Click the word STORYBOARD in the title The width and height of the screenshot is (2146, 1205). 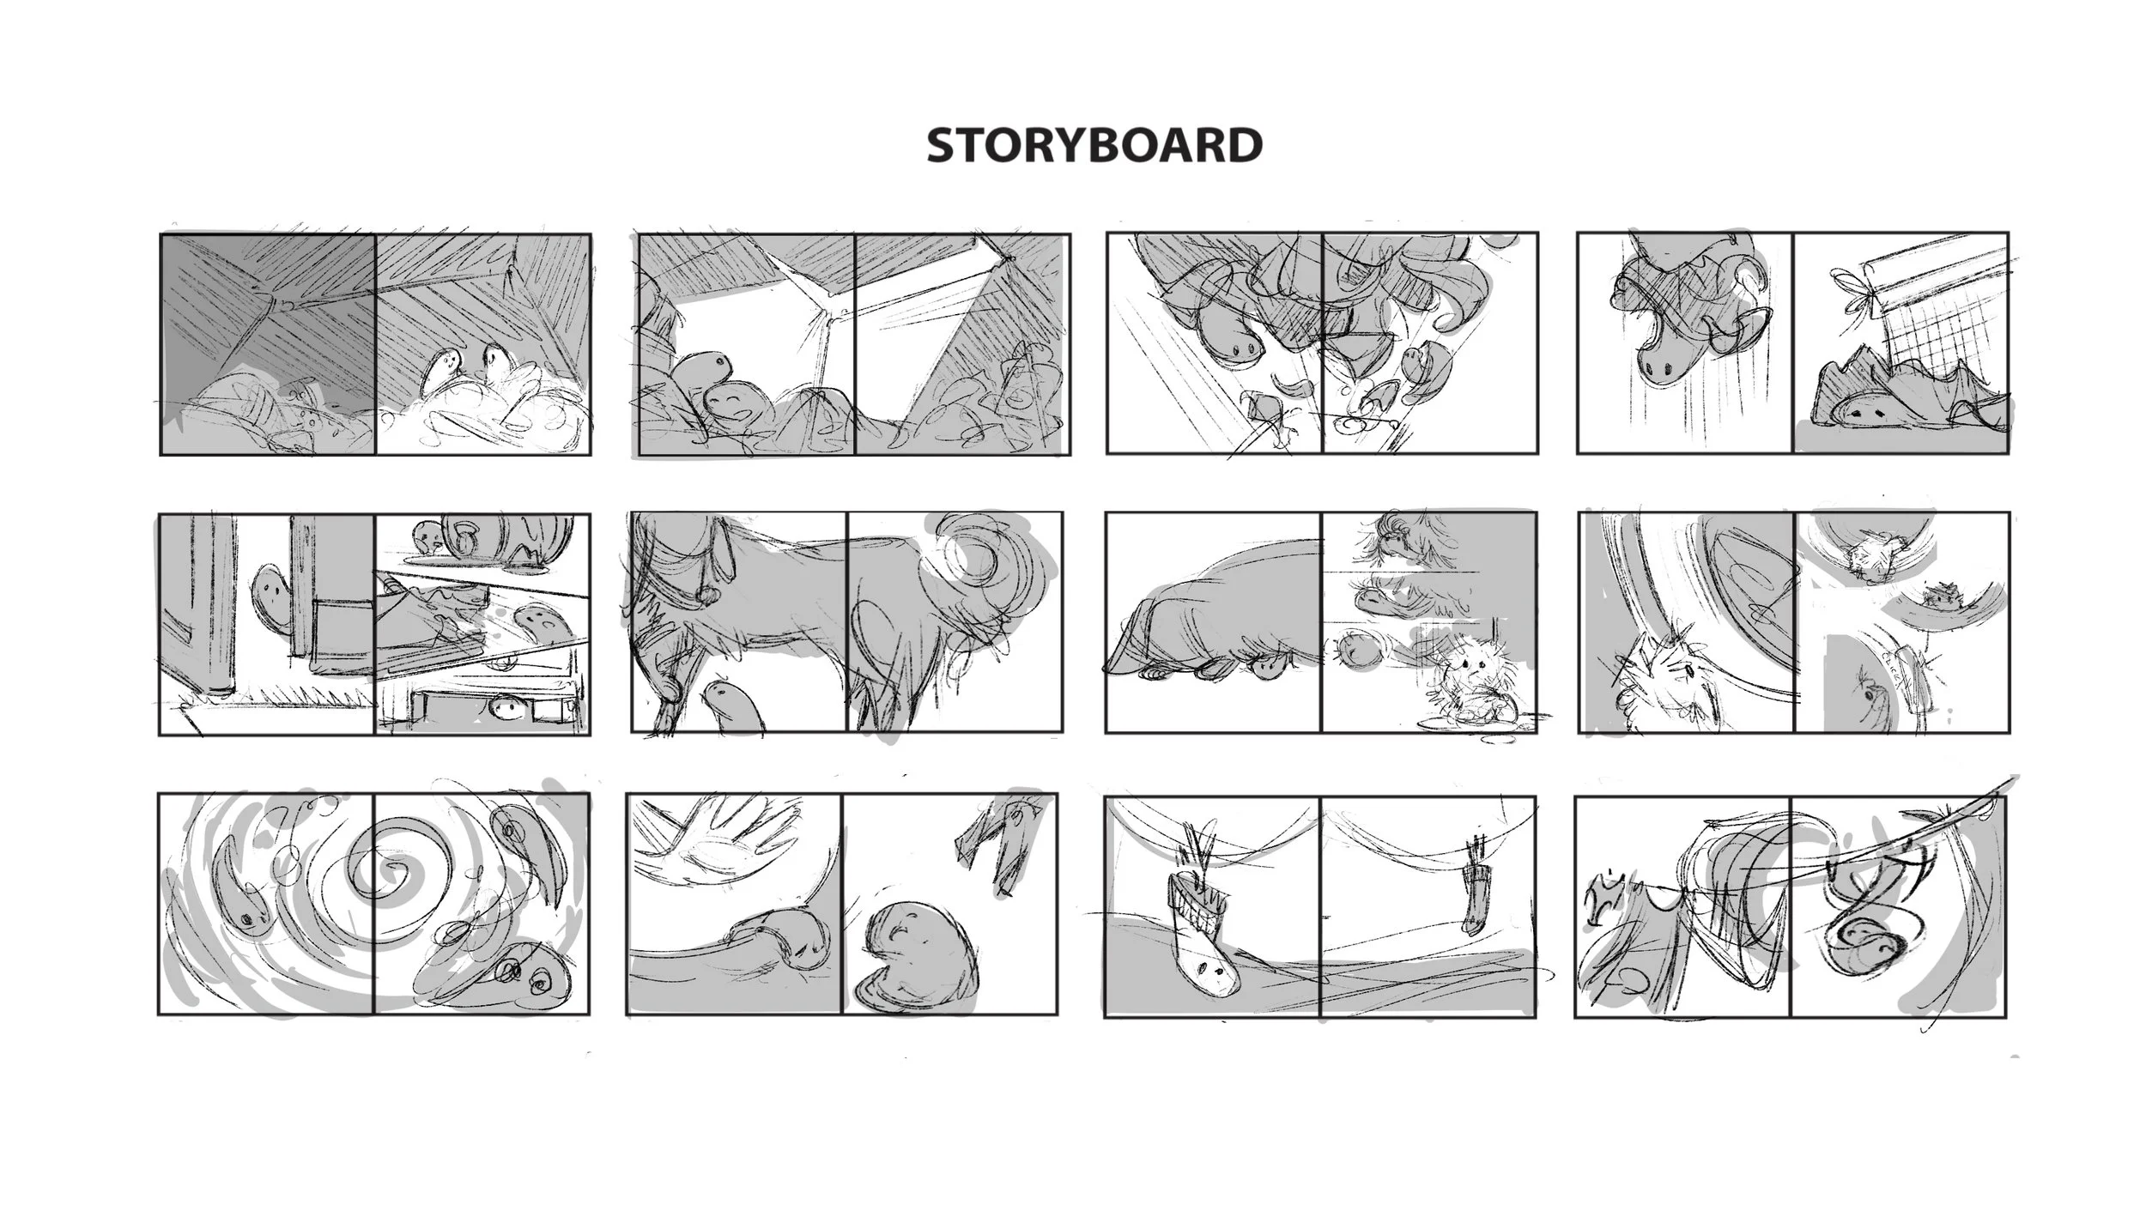(x=1094, y=145)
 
